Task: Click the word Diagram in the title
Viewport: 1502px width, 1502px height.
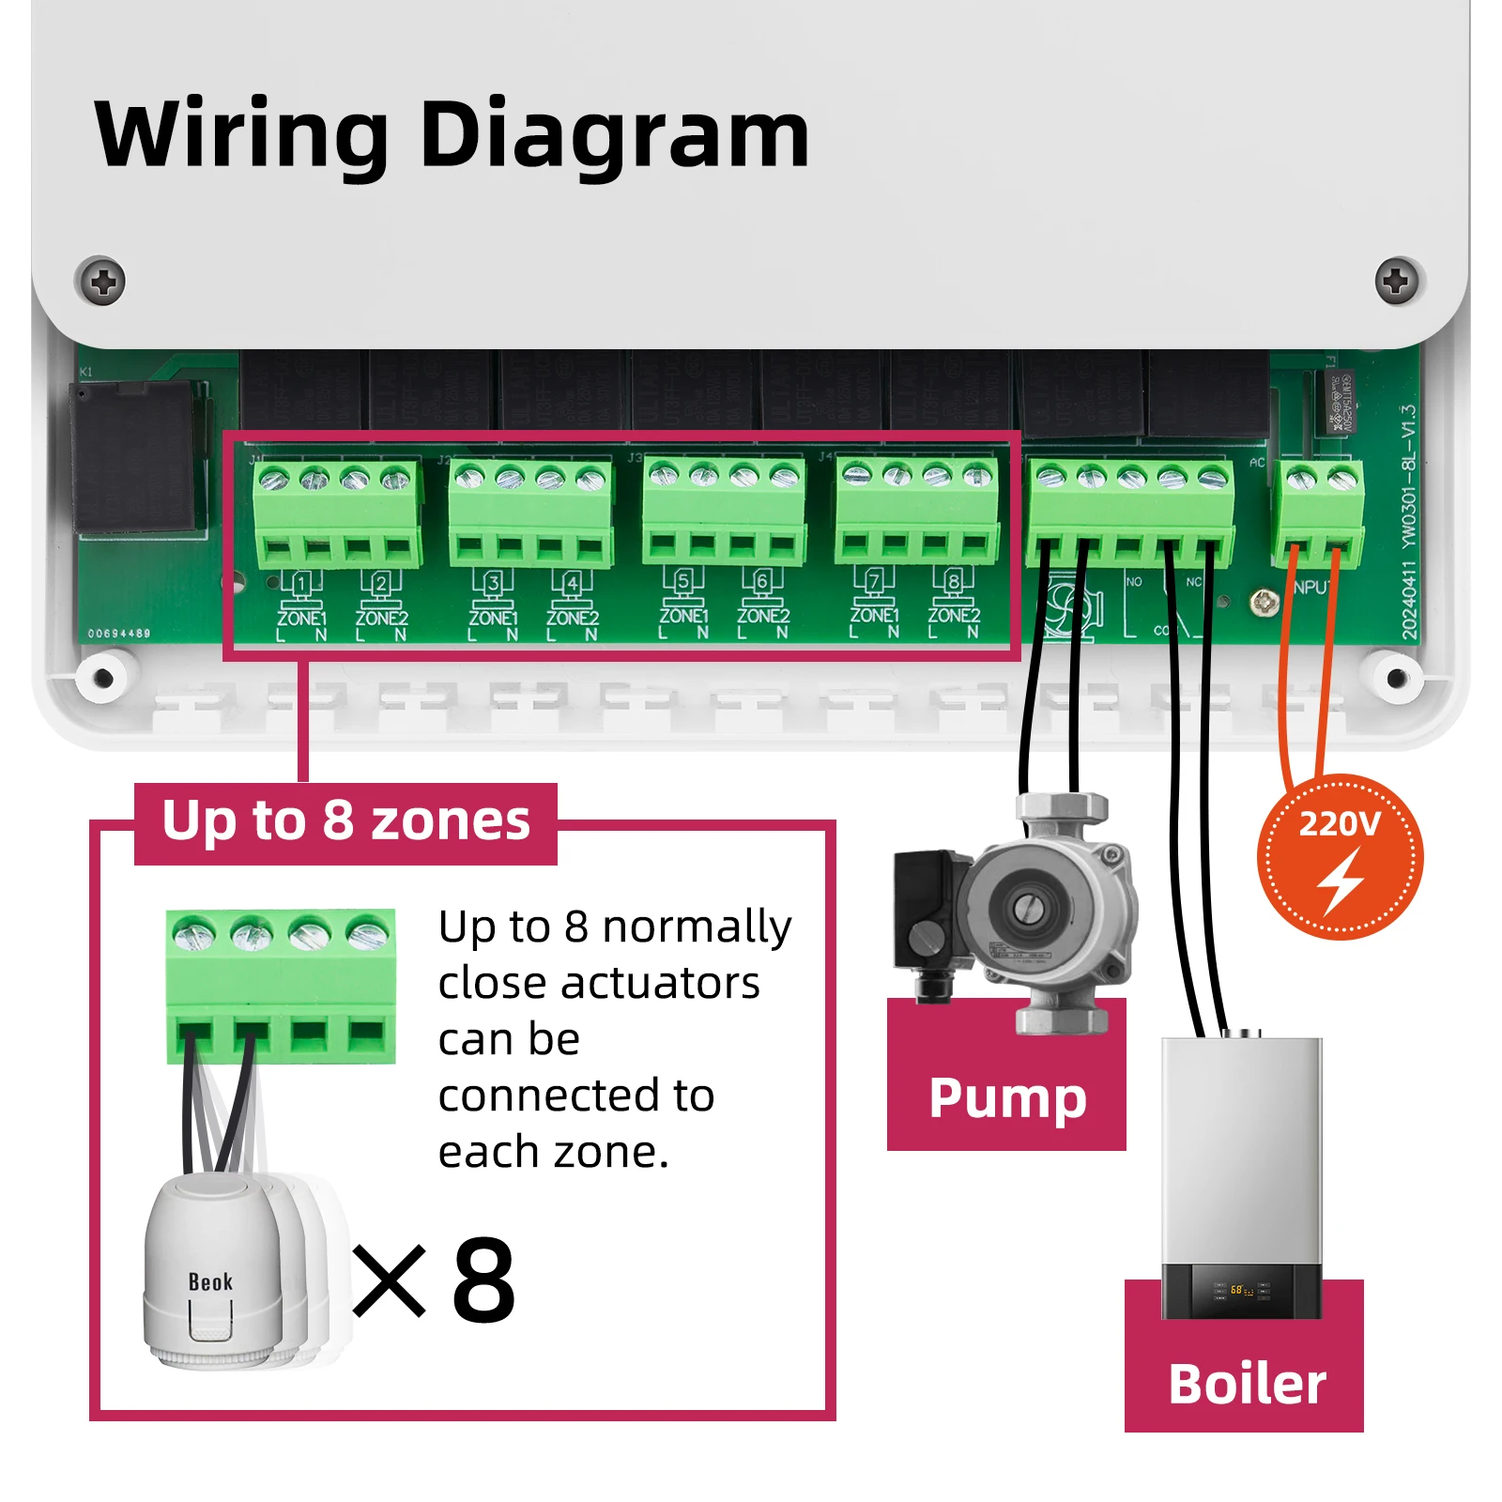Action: click(x=614, y=136)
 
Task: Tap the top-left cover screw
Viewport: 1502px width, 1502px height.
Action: click(x=101, y=281)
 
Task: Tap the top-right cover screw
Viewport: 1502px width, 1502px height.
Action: click(x=1397, y=281)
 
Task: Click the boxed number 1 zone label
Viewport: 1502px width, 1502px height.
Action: click(x=300, y=584)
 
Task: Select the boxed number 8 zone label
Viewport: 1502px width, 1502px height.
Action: click(x=953, y=581)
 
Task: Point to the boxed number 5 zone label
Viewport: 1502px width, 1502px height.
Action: click(x=682, y=581)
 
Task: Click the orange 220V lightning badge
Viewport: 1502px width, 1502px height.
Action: click(x=1340, y=857)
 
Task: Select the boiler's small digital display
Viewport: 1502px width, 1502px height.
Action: click(x=1241, y=1291)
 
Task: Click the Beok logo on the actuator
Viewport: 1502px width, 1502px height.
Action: click(x=210, y=1282)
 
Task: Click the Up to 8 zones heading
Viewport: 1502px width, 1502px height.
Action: click(x=345, y=820)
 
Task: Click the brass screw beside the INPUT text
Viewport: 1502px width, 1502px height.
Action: click(x=1264, y=602)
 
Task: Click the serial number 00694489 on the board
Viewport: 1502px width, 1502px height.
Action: click(x=118, y=634)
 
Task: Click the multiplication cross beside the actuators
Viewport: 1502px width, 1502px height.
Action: click(x=390, y=1280)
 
